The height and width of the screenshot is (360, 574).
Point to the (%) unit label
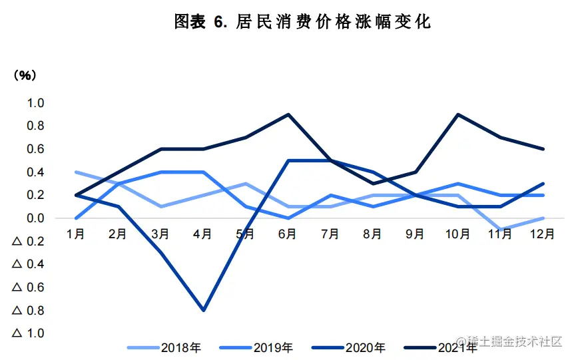tap(26, 75)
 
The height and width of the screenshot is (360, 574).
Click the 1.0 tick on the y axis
tap(35, 103)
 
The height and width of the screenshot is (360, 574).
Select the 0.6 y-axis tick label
tap(35, 149)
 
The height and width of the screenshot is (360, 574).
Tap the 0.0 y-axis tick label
tap(35, 218)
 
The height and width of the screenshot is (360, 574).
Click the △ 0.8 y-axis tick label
tap(28, 310)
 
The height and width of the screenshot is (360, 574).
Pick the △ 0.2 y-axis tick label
tap(28, 242)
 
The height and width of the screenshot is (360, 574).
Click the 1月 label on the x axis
tap(75, 234)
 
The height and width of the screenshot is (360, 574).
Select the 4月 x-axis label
tap(202, 234)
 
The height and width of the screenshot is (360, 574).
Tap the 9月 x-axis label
tap(415, 234)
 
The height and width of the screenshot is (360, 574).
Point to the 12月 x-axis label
tap(542, 234)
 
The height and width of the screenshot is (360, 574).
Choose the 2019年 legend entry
tap(272, 347)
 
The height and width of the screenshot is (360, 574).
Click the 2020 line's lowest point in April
tap(202, 310)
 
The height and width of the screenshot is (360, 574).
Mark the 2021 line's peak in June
tap(288, 114)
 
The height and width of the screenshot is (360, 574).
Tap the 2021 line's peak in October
tap(457, 114)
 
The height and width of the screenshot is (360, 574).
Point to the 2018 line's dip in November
tap(500, 230)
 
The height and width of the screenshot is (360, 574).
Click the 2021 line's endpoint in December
tap(543, 149)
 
